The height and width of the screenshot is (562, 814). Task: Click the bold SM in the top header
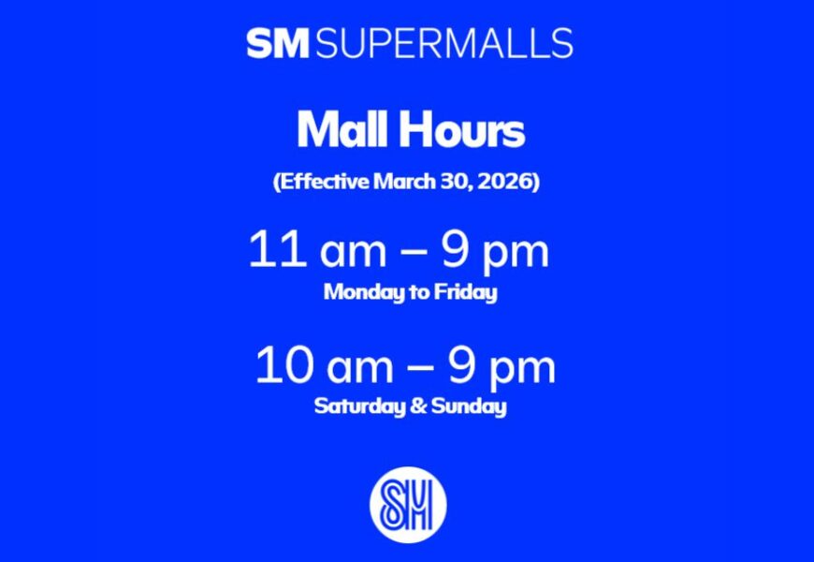(x=279, y=43)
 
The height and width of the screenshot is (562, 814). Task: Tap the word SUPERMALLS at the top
(x=445, y=43)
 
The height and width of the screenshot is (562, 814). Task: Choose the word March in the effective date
(x=404, y=181)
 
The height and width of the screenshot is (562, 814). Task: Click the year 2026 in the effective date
(x=504, y=181)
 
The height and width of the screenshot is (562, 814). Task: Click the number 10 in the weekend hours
(x=283, y=366)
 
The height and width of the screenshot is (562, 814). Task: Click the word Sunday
(x=474, y=407)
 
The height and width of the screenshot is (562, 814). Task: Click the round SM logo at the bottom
(x=407, y=505)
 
